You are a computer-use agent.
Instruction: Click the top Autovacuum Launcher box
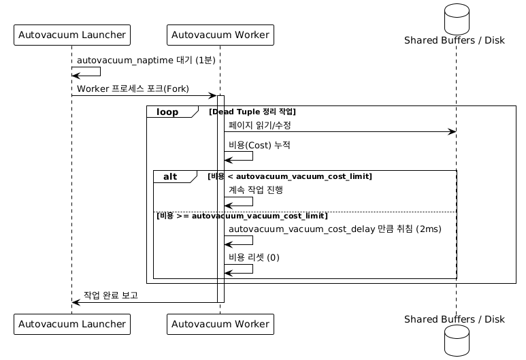(71, 35)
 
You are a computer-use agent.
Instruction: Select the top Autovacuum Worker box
(220, 35)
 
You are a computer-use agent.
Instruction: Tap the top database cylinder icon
(457, 18)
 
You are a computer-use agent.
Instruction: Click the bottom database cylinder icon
(457, 340)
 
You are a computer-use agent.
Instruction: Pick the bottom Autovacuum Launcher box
(71, 324)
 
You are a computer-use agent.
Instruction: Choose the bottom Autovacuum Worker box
(220, 324)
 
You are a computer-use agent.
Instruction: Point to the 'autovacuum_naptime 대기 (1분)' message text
(146, 60)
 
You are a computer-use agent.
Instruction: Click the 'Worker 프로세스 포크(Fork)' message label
(133, 88)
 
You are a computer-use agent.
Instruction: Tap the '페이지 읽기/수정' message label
(260, 125)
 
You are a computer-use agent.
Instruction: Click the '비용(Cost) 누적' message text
(259, 145)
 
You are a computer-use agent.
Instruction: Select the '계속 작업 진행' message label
(256, 190)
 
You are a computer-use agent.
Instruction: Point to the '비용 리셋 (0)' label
(254, 257)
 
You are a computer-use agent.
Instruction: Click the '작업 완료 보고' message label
(111, 295)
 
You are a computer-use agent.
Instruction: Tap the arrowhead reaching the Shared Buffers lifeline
(453, 132)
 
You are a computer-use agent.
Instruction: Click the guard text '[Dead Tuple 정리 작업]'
(252, 112)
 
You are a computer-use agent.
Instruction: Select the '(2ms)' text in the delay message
(429, 229)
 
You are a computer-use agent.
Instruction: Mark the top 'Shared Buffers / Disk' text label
(455, 40)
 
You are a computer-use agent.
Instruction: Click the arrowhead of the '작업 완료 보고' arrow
(76, 302)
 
